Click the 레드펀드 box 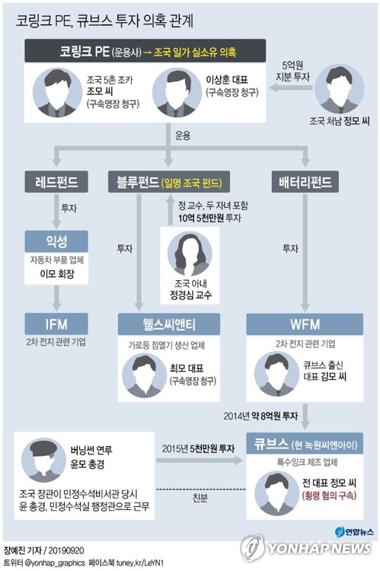(x=56, y=181)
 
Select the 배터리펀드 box (x=305, y=181)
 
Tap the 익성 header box (x=56, y=241)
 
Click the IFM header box (x=56, y=324)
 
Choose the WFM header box (x=305, y=324)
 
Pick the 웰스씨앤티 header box (x=169, y=324)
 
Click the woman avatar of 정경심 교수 (x=190, y=254)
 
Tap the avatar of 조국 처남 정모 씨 (x=340, y=89)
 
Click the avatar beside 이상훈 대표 (x=177, y=92)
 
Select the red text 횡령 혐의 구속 (x=329, y=496)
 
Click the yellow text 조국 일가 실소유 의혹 (x=195, y=52)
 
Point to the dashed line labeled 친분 (x=201, y=489)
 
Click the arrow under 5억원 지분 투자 (x=291, y=88)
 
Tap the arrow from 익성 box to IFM (x=56, y=298)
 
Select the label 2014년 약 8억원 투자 (x=260, y=416)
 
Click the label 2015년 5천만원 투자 (x=198, y=448)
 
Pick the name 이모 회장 (x=57, y=273)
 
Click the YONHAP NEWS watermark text (x=319, y=547)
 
